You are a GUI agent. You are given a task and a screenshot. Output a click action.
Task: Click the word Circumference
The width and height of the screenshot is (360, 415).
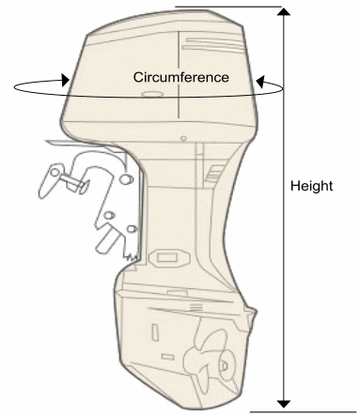point(181,77)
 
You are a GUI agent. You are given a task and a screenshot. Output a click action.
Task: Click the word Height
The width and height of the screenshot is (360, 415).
point(311,186)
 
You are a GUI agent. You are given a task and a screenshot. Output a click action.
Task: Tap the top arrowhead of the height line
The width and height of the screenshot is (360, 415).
point(284,12)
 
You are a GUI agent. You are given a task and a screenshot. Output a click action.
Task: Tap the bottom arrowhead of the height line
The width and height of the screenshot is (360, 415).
point(284,404)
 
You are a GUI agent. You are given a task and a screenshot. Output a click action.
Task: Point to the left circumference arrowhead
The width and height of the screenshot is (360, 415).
point(66,80)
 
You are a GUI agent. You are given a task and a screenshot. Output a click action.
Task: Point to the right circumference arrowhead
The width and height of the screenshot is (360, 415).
point(260,82)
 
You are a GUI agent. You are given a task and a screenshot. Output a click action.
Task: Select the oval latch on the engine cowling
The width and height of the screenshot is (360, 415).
point(152,94)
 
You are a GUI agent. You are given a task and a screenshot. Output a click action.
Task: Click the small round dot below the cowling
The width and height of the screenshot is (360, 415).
point(183,138)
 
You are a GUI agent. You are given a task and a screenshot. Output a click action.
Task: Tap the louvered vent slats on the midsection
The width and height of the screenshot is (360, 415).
point(213,174)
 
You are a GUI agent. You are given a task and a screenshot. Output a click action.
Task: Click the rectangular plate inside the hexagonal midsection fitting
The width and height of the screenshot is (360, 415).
point(167,258)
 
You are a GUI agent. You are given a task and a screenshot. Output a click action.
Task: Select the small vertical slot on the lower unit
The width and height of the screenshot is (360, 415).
point(155,332)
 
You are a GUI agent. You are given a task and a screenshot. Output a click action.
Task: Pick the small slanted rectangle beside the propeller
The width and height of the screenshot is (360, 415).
point(168,357)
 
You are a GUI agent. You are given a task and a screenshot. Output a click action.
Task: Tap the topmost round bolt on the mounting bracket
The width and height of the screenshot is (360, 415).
point(126,179)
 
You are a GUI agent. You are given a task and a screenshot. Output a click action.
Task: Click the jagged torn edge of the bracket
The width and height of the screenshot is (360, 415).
point(132,257)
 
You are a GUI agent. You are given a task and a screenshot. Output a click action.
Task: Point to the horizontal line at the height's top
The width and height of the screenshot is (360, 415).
point(228,7)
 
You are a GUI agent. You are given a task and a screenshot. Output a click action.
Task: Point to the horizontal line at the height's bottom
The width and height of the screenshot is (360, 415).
point(304,412)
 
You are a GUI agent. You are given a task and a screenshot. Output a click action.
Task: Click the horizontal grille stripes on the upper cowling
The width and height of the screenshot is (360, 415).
point(212,45)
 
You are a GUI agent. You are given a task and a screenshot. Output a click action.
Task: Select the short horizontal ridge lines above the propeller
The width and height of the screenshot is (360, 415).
point(196,307)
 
